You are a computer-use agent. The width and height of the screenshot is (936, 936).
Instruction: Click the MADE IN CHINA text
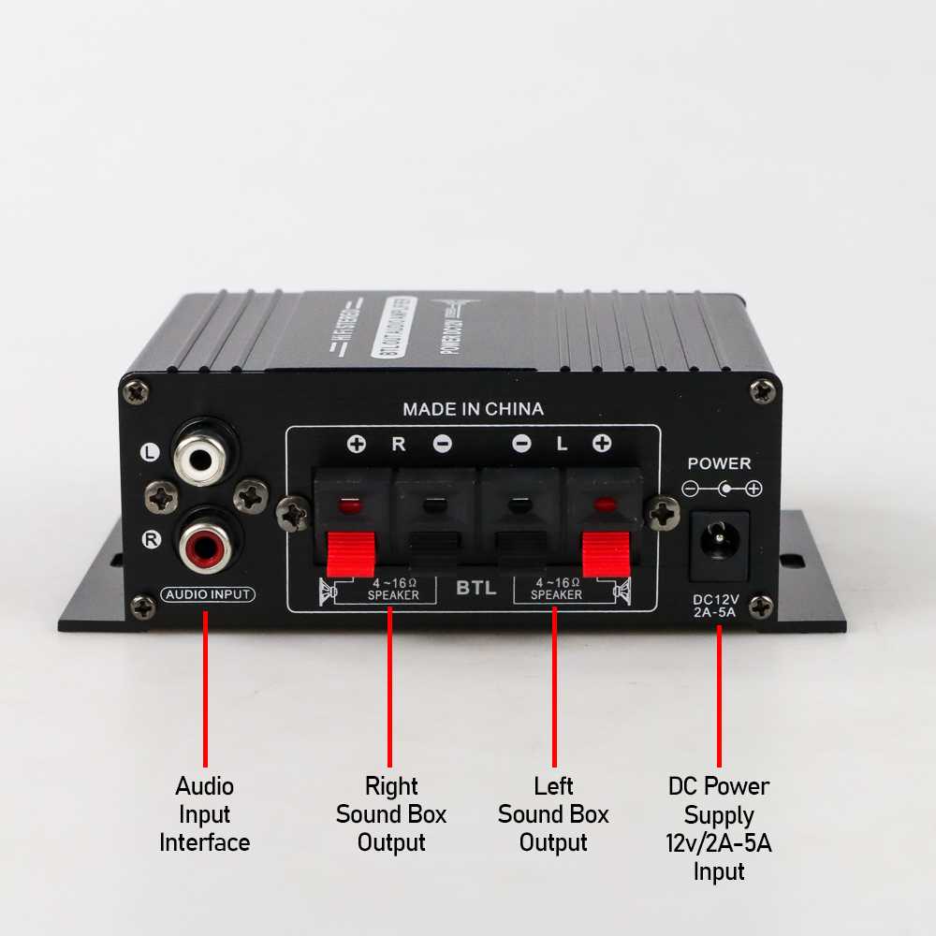coord(473,409)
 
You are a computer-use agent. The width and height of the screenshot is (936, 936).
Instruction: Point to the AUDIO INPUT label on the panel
coord(207,594)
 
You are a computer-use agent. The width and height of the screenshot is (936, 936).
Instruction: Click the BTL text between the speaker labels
coord(475,590)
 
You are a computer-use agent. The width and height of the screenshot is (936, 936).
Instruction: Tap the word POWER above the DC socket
coord(719,463)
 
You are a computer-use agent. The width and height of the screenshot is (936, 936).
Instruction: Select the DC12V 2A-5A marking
coord(716,607)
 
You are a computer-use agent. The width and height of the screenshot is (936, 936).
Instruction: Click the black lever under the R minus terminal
coord(431,552)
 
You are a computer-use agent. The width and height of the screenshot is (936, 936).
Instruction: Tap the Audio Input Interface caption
coord(205,814)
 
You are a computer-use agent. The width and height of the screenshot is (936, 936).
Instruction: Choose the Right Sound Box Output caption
coord(391,814)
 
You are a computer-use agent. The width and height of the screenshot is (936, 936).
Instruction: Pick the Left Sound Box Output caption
coord(553,814)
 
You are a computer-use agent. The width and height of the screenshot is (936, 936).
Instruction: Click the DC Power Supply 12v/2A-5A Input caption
coord(719,828)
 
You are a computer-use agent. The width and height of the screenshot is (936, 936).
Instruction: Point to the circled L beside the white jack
coord(150,453)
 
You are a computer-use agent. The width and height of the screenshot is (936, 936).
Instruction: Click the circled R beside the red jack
coord(150,539)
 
